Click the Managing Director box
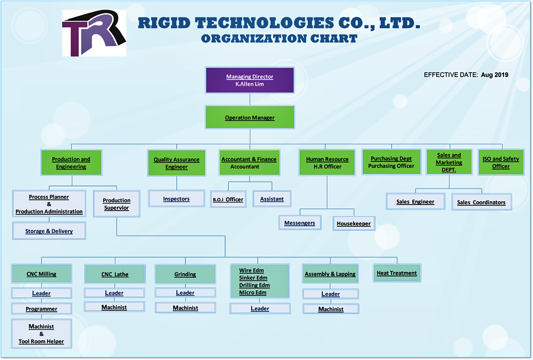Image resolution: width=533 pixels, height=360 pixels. click(x=250, y=80)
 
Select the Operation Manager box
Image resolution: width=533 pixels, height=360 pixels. click(x=250, y=117)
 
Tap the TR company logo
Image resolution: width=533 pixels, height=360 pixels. click(x=94, y=33)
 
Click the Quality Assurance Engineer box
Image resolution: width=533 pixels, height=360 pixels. click(x=177, y=163)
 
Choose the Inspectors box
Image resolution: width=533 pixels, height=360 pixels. click(x=177, y=199)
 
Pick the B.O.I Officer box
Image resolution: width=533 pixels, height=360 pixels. click(x=228, y=199)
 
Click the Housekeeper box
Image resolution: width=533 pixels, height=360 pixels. click(x=354, y=223)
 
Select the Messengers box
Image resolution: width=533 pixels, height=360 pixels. click(x=300, y=223)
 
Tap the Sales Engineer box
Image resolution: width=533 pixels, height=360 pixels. click(x=415, y=202)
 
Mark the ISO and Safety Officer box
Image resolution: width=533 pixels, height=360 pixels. click(x=501, y=162)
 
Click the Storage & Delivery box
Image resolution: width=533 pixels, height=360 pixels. click(x=49, y=231)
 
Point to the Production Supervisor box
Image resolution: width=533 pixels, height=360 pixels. click(x=117, y=204)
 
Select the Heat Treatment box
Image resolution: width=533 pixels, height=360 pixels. click(x=397, y=273)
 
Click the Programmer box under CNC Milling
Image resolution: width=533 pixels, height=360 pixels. click(x=41, y=309)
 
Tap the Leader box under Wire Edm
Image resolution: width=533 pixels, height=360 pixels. click(x=260, y=308)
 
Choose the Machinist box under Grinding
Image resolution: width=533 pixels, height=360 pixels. click(x=185, y=308)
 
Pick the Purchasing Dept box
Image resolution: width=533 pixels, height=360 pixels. click(x=391, y=162)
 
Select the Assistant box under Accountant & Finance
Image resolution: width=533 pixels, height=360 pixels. click(x=272, y=199)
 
